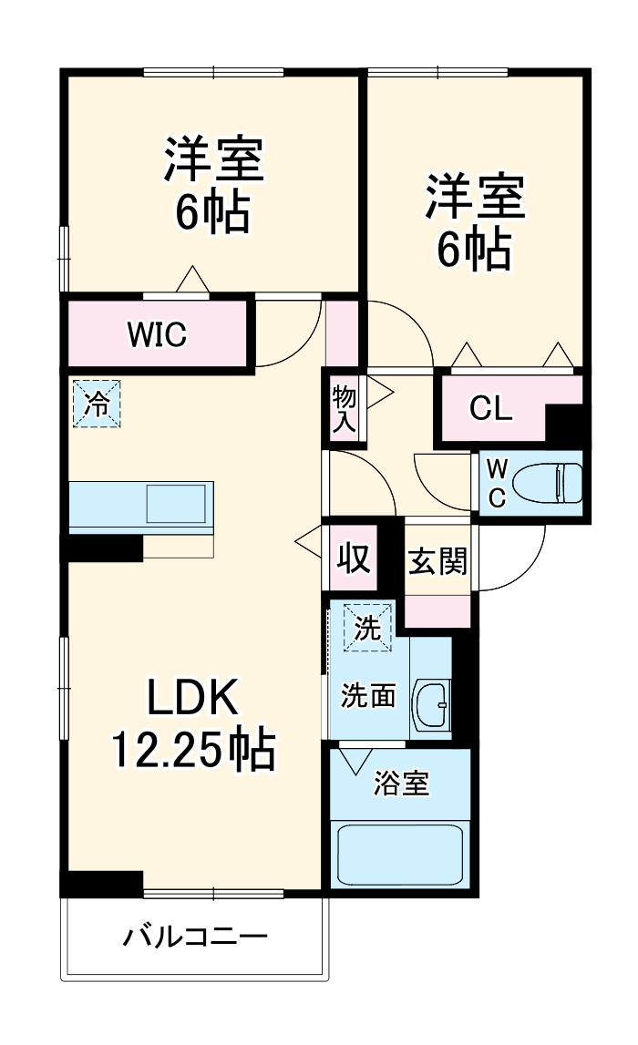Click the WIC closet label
tap(157, 335)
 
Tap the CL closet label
tap(491, 409)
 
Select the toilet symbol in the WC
tap(548, 482)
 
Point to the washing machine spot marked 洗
tap(366, 628)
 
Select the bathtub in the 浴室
tap(401, 854)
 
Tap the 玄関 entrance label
tap(437, 562)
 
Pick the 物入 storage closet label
tap(345, 411)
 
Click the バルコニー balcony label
tap(195, 937)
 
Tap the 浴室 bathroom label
tap(401, 783)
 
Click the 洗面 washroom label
tap(368, 696)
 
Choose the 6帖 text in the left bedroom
tap(213, 213)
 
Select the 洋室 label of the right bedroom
tap(474, 200)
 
